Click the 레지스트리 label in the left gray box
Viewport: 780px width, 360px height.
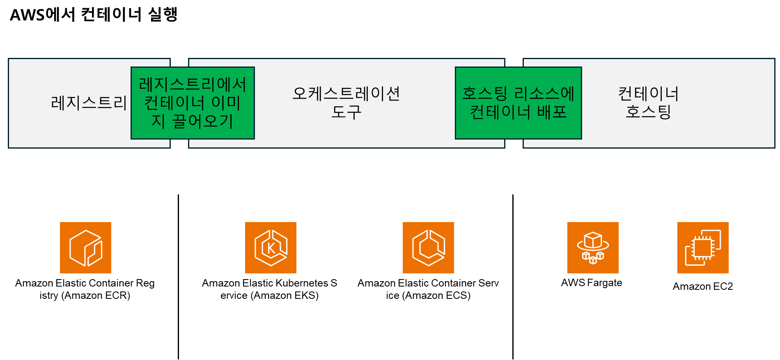[x=89, y=103]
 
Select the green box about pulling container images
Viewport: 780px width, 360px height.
[x=193, y=103]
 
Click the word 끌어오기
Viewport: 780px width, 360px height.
[x=203, y=121]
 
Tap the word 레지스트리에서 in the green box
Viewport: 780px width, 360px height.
[x=193, y=85]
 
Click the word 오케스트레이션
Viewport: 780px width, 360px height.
[x=346, y=94]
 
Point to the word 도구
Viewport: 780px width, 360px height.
[x=346, y=112]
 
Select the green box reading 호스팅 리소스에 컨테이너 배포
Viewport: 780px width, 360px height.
[x=518, y=103]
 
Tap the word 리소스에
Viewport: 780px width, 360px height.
[x=544, y=94]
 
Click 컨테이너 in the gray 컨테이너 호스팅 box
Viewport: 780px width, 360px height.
[x=648, y=94]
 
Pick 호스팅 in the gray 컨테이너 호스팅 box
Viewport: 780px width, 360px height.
[x=648, y=112]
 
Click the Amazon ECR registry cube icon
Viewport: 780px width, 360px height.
[x=85, y=248]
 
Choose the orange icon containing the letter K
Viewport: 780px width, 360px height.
[x=271, y=248]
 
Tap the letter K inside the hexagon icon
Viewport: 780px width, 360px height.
[x=271, y=248]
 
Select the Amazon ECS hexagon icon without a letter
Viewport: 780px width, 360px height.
[x=428, y=248]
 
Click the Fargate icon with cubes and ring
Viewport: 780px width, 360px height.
[x=593, y=248]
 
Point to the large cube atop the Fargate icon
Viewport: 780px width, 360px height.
[x=593, y=241]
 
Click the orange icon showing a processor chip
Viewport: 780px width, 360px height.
[x=703, y=248]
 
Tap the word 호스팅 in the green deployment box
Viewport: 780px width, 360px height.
[x=484, y=94]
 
